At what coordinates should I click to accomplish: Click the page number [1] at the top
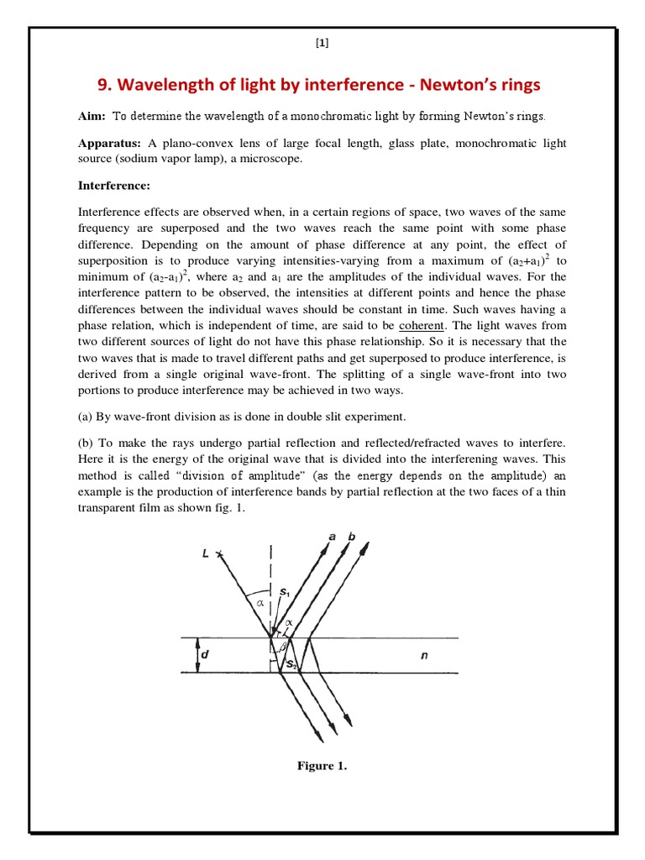coord(322,46)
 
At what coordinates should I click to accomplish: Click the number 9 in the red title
coord(104,85)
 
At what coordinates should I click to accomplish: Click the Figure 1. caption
coord(322,765)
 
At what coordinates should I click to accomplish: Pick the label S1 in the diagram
coord(284,592)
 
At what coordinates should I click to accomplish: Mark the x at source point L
coord(218,553)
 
